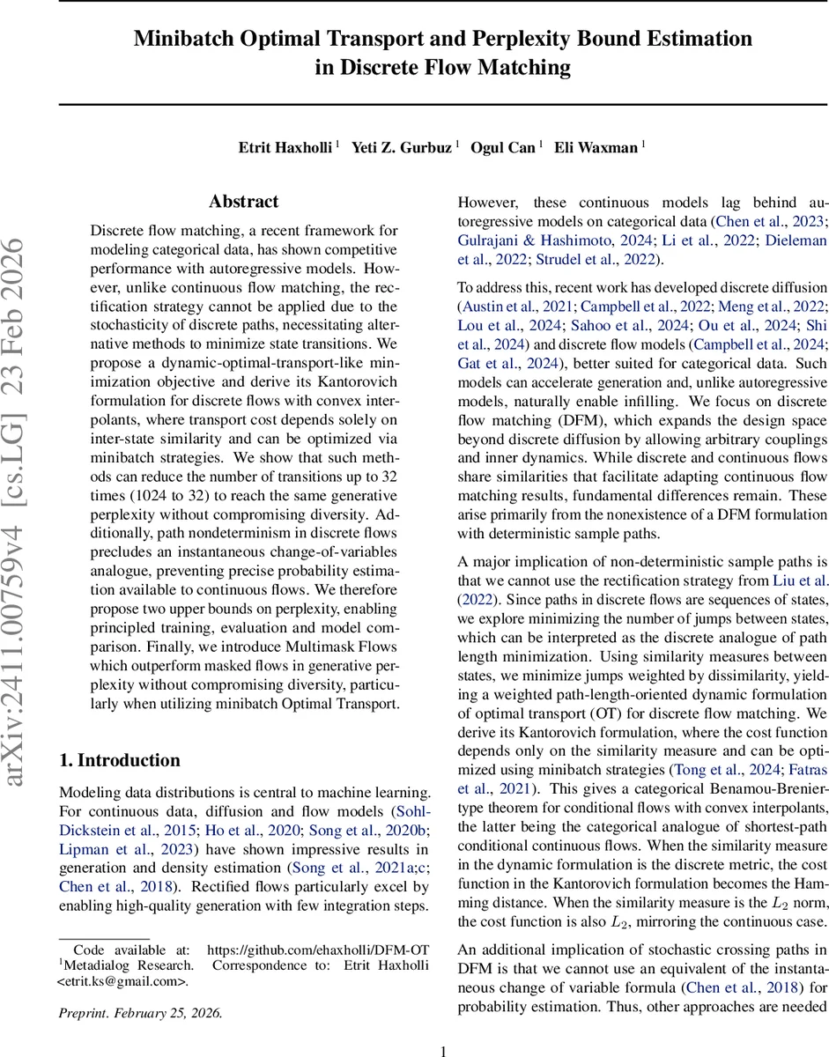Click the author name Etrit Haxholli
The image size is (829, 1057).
click(x=285, y=147)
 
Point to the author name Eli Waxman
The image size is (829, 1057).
click(x=595, y=147)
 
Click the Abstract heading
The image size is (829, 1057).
click(x=244, y=202)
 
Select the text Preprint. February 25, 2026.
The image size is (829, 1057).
click(x=140, y=1013)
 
